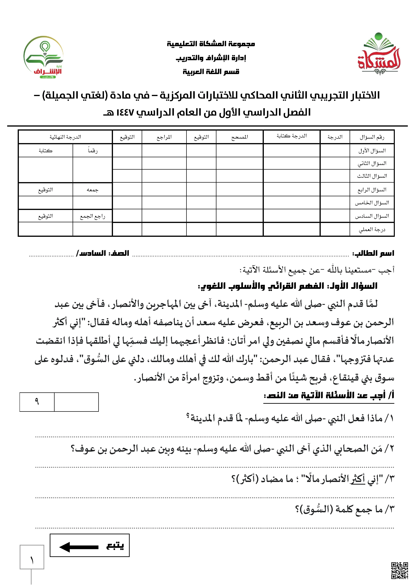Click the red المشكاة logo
[379, 55]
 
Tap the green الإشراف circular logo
[43, 57]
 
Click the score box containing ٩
[37, 402]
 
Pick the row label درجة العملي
[372, 230]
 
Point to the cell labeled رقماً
[93, 151]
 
